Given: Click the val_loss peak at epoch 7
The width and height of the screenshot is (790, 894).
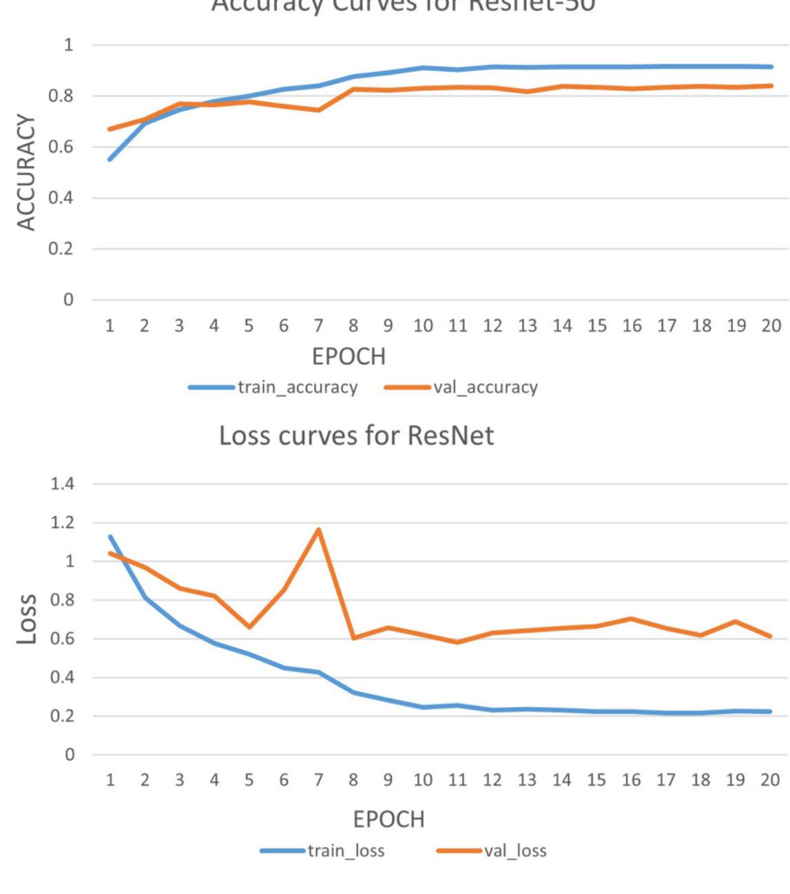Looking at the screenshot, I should (318, 530).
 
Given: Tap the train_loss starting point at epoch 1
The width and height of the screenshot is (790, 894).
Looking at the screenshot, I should (110, 537).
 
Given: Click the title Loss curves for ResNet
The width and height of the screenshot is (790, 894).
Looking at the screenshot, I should (356, 436).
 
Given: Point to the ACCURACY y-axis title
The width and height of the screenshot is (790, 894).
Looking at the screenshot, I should (26, 172).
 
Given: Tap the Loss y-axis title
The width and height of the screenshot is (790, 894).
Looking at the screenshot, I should (26, 618).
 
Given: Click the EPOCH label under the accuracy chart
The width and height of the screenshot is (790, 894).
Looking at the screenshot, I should (349, 357).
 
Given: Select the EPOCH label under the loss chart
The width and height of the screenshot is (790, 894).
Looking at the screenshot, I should (388, 820).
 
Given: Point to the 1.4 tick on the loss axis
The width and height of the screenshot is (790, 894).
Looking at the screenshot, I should (62, 484).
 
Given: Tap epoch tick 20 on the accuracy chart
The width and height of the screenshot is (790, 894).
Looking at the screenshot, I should (771, 326).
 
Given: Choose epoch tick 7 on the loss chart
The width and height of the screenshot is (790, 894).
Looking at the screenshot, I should (318, 780).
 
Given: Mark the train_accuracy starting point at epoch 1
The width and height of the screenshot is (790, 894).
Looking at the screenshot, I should (110, 159).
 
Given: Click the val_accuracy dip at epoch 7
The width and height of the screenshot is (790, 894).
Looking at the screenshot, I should (318, 110).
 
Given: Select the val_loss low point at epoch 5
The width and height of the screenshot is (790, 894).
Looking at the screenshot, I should (249, 627).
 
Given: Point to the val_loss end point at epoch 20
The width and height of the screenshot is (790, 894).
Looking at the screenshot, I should (770, 636).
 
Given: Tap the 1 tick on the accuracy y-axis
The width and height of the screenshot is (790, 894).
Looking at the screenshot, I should (67, 45).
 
